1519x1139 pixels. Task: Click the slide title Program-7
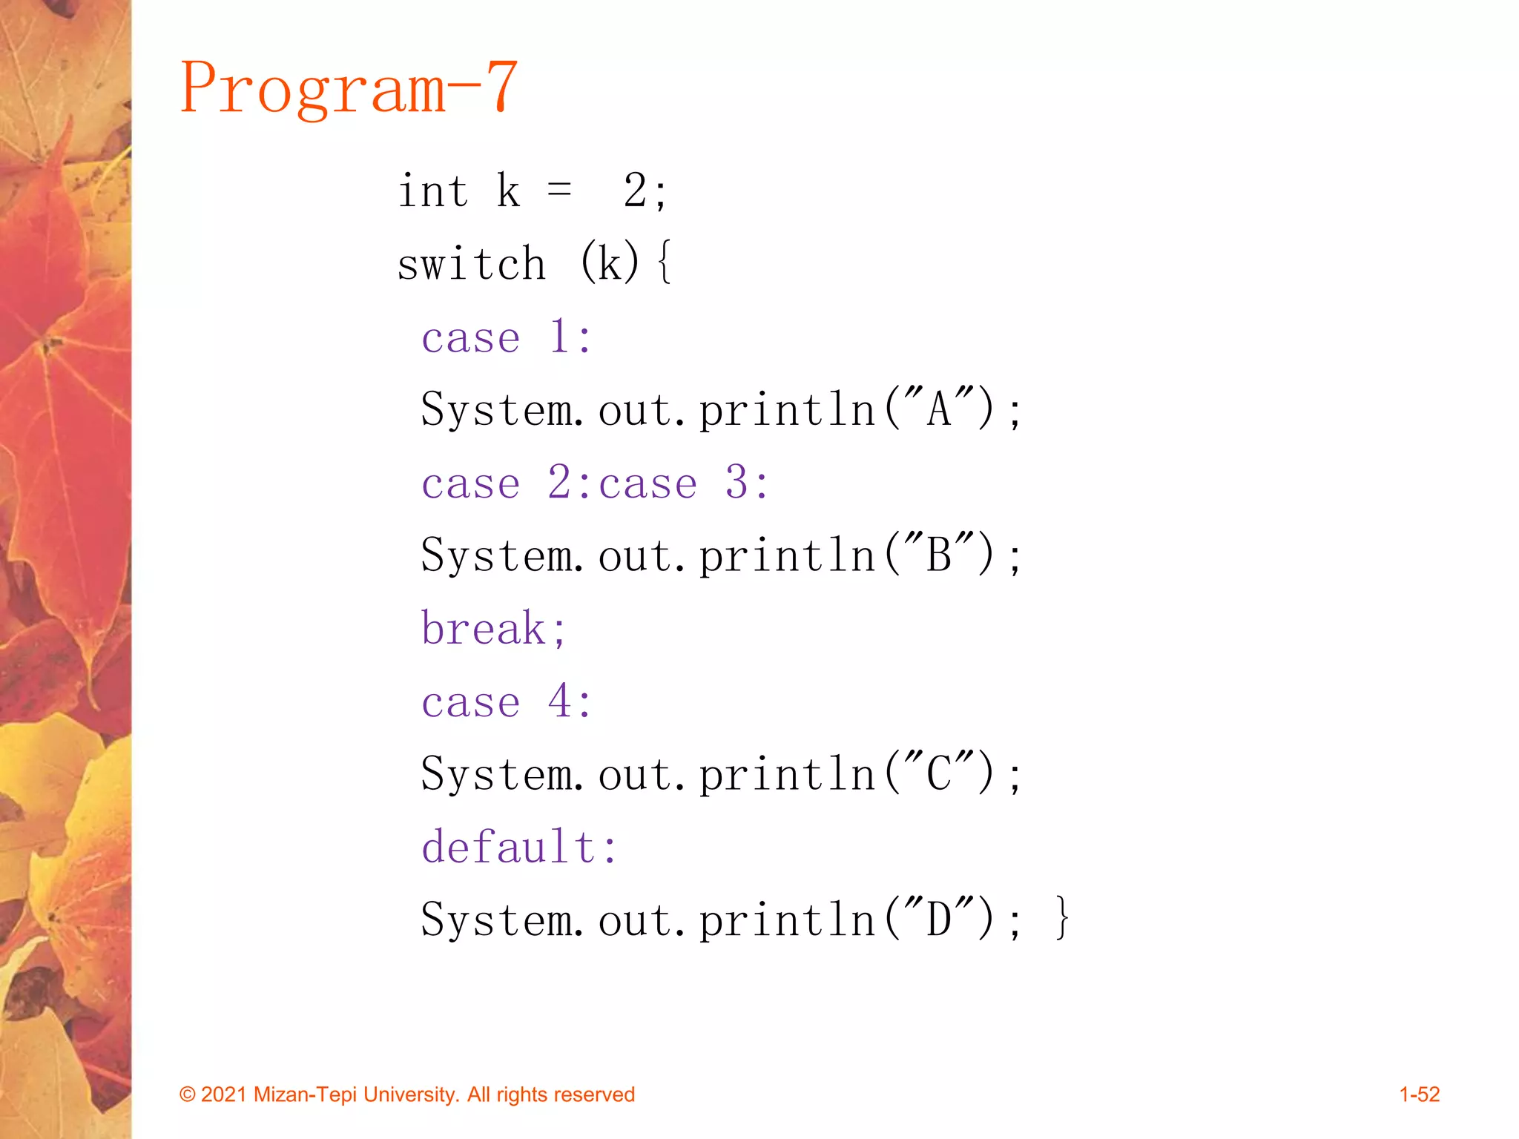(x=349, y=88)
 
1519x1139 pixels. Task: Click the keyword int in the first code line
(x=433, y=191)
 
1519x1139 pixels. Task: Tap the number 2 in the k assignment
(x=635, y=191)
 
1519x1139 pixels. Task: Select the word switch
(x=472, y=264)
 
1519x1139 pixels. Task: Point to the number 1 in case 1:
(x=559, y=337)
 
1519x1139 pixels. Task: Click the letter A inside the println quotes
(x=939, y=409)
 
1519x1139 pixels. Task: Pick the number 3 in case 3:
(x=737, y=483)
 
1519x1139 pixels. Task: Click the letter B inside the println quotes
(x=939, y=555)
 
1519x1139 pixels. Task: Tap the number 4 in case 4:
(x=559, y=701)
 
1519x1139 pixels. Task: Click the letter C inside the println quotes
(x=939, y=774)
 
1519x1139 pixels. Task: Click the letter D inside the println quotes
(x=939, y=920)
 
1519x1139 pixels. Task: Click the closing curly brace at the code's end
(x=1062, y=919)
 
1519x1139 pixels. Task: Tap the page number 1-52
(x=1419, y=1095)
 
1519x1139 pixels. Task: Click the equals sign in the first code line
(x=559, y=191)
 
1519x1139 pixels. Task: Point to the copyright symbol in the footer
(x=188, y=1095)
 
